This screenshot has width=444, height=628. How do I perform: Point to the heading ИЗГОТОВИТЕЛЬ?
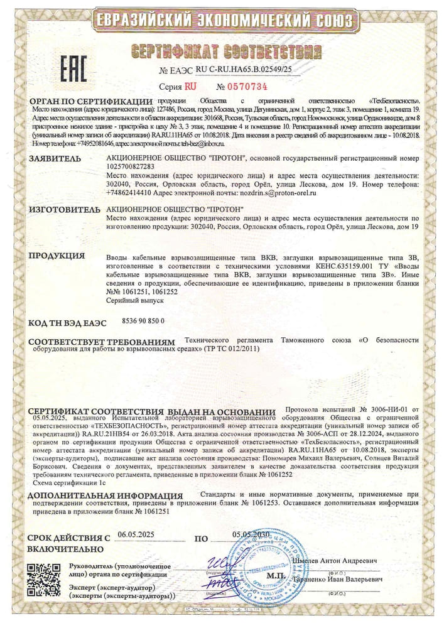point(62,208)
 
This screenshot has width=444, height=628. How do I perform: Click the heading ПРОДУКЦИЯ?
point(57,256)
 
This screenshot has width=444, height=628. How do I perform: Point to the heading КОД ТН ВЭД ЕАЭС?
point(67,322)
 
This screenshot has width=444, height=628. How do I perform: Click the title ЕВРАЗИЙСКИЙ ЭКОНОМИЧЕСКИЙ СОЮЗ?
point(221,21)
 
